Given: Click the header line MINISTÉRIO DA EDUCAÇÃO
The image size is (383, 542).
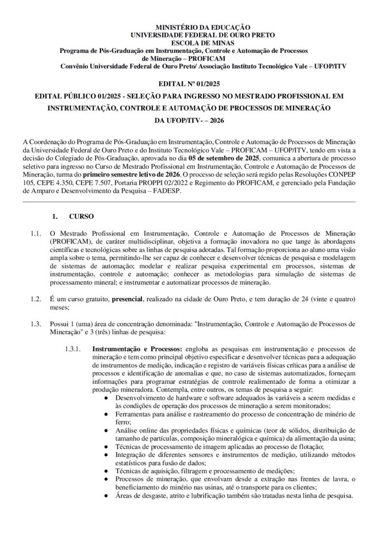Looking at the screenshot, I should point(191,26).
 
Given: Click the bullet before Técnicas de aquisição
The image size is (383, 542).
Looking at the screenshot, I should point(107,471).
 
